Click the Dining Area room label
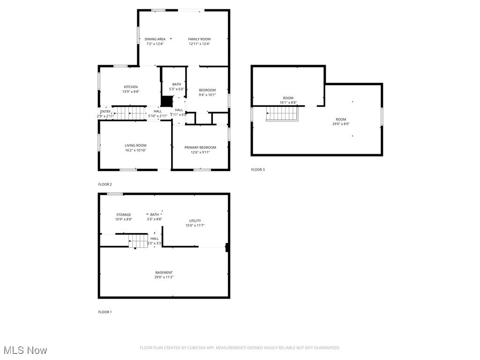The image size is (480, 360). (155, 39)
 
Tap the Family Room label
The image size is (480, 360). (199, 39)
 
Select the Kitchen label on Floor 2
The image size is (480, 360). (131, 87)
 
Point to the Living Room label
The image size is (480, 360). (135, 146)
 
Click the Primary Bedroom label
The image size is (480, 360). (200, 148)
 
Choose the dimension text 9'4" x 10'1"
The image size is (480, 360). (207, 95)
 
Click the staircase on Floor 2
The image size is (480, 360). (129, 113)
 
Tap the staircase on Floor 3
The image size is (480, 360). (282, 113)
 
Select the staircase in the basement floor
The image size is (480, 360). (139, 241)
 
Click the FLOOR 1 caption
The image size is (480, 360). (105, 312)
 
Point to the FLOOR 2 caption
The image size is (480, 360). (105, 184)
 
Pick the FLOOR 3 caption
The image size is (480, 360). (258, 170)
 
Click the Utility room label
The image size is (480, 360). (195, 221)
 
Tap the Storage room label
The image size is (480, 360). (124, 215)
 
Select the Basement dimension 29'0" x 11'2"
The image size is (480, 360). (164, 277)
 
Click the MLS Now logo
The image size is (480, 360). (25, 350)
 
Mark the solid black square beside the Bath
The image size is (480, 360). (166, 101)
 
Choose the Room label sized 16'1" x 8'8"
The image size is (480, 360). (288, 98)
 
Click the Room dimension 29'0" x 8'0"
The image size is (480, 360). (341, 124)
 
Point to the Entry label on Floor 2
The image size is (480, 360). (105, 112)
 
